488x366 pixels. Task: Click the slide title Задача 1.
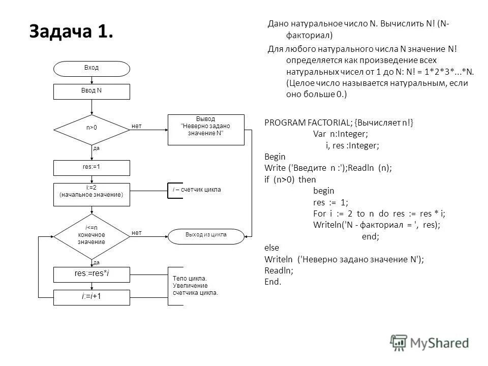tap(71, 32)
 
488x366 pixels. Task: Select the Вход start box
tap(91, 68)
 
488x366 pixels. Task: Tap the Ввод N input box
tap(91, 91)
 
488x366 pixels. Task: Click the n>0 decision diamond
tap(91, 128)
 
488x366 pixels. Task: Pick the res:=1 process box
tap(91, 167)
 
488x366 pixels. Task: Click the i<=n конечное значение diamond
tap(91, 235)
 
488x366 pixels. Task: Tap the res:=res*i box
tap(91, 274)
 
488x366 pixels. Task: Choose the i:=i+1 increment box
tap(91, 297)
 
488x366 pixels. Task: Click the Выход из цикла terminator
tap(206, 235)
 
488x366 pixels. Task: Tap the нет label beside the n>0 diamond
tap(136, 125)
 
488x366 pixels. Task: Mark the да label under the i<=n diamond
tap(97, 262)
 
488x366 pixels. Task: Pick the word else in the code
tap(272, 248)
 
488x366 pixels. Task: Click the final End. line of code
tap(273, 282)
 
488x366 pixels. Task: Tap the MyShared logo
tap(430, 342)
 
